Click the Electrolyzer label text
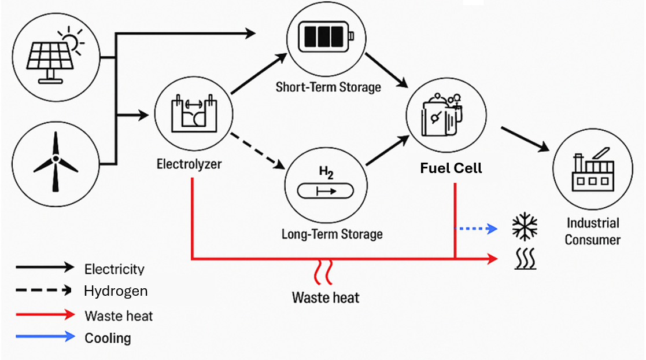point(189,164)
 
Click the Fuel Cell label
point(451,168)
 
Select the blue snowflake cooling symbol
point(525,227)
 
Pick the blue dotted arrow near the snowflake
point(477,229)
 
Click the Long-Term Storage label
point(332,234)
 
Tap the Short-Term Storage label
point(328,87)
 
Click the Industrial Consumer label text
point(592,231)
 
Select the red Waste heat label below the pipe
point(326,298)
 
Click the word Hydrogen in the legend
point(116,291)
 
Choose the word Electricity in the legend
point(114,269)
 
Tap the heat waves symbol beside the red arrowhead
point(525,260)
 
